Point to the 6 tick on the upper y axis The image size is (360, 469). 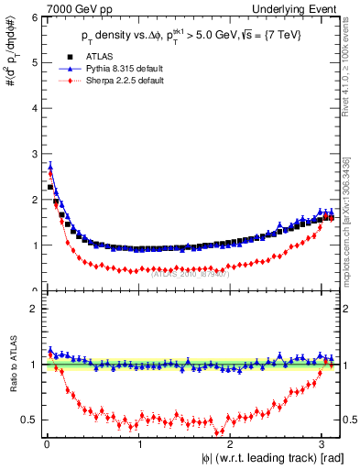(x=31, y=17)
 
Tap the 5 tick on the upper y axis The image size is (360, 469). (x=31, y=62)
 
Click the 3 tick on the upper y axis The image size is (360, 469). (x=31, y=154)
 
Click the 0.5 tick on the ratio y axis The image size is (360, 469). (x=27, y=420)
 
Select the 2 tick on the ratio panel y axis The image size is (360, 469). (x=31, y=309)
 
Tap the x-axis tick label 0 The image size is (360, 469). (x=47, y=443)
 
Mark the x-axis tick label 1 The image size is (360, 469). (x=139, y=443)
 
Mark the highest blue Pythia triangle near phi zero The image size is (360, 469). (x=50, y=166)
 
